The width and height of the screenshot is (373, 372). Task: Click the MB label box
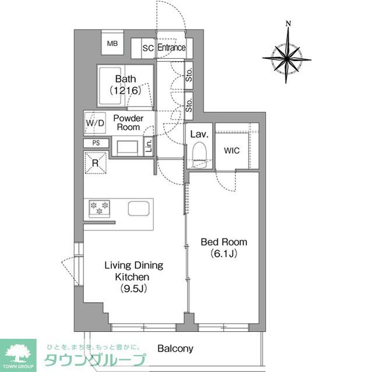point(112,43)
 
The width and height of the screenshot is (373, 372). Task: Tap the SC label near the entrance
point(148,48)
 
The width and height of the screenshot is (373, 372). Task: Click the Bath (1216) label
point(126,84)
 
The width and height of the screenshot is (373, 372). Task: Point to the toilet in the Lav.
point(199,154)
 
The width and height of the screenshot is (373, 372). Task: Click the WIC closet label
point(231,150)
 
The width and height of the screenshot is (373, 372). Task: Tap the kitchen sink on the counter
point(139,209)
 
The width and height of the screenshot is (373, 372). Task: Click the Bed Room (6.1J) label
point(224,248)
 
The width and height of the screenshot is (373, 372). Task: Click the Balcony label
point(175,349)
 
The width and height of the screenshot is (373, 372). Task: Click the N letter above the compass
point(288,24)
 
